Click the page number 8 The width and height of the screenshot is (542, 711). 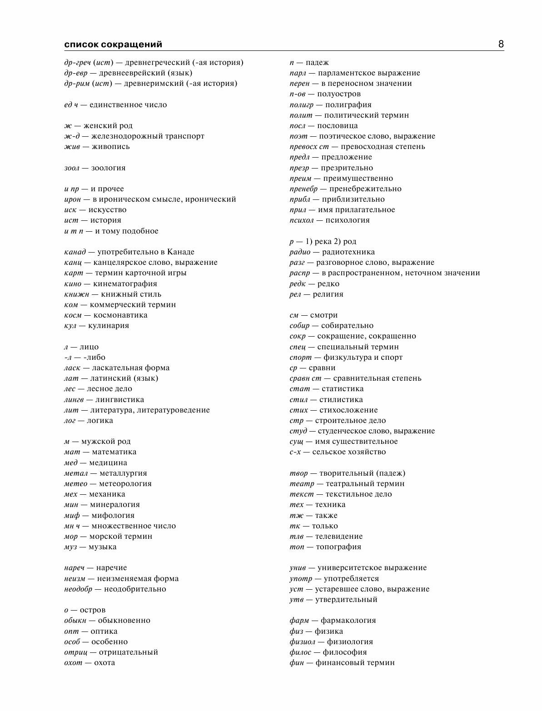coord(501,44)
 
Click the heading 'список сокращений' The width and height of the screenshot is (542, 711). coord(113,45)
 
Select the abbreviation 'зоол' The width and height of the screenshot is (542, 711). coord(72,168)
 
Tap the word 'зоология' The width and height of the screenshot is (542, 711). coord(108,168)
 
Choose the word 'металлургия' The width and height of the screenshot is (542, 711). coord(123,473)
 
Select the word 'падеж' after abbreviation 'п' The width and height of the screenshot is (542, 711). coord(317,63)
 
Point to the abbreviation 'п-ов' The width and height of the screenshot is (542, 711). coord(298,94)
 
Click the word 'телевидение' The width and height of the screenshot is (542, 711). coord(339,537)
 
